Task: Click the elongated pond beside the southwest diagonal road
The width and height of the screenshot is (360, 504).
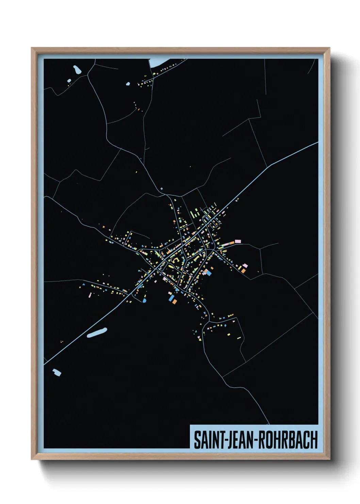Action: pyautogui.click(x=97, y=332)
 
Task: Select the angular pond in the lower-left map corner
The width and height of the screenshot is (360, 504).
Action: pyautogui.click(x=57, y=372)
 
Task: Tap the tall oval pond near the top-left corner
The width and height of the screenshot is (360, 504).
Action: pyautogui.click(x=77, y=70)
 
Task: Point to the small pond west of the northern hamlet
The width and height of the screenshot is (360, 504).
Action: pyautogui.click(x=128, y=83)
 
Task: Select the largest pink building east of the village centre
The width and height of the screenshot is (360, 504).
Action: pyautogui.click(x=238, y=241)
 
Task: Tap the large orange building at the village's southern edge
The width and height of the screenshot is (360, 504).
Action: pyautogui.click(x=174, y=301)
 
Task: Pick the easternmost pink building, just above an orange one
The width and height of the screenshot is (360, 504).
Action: pyautogui.click(x=245, y=265)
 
